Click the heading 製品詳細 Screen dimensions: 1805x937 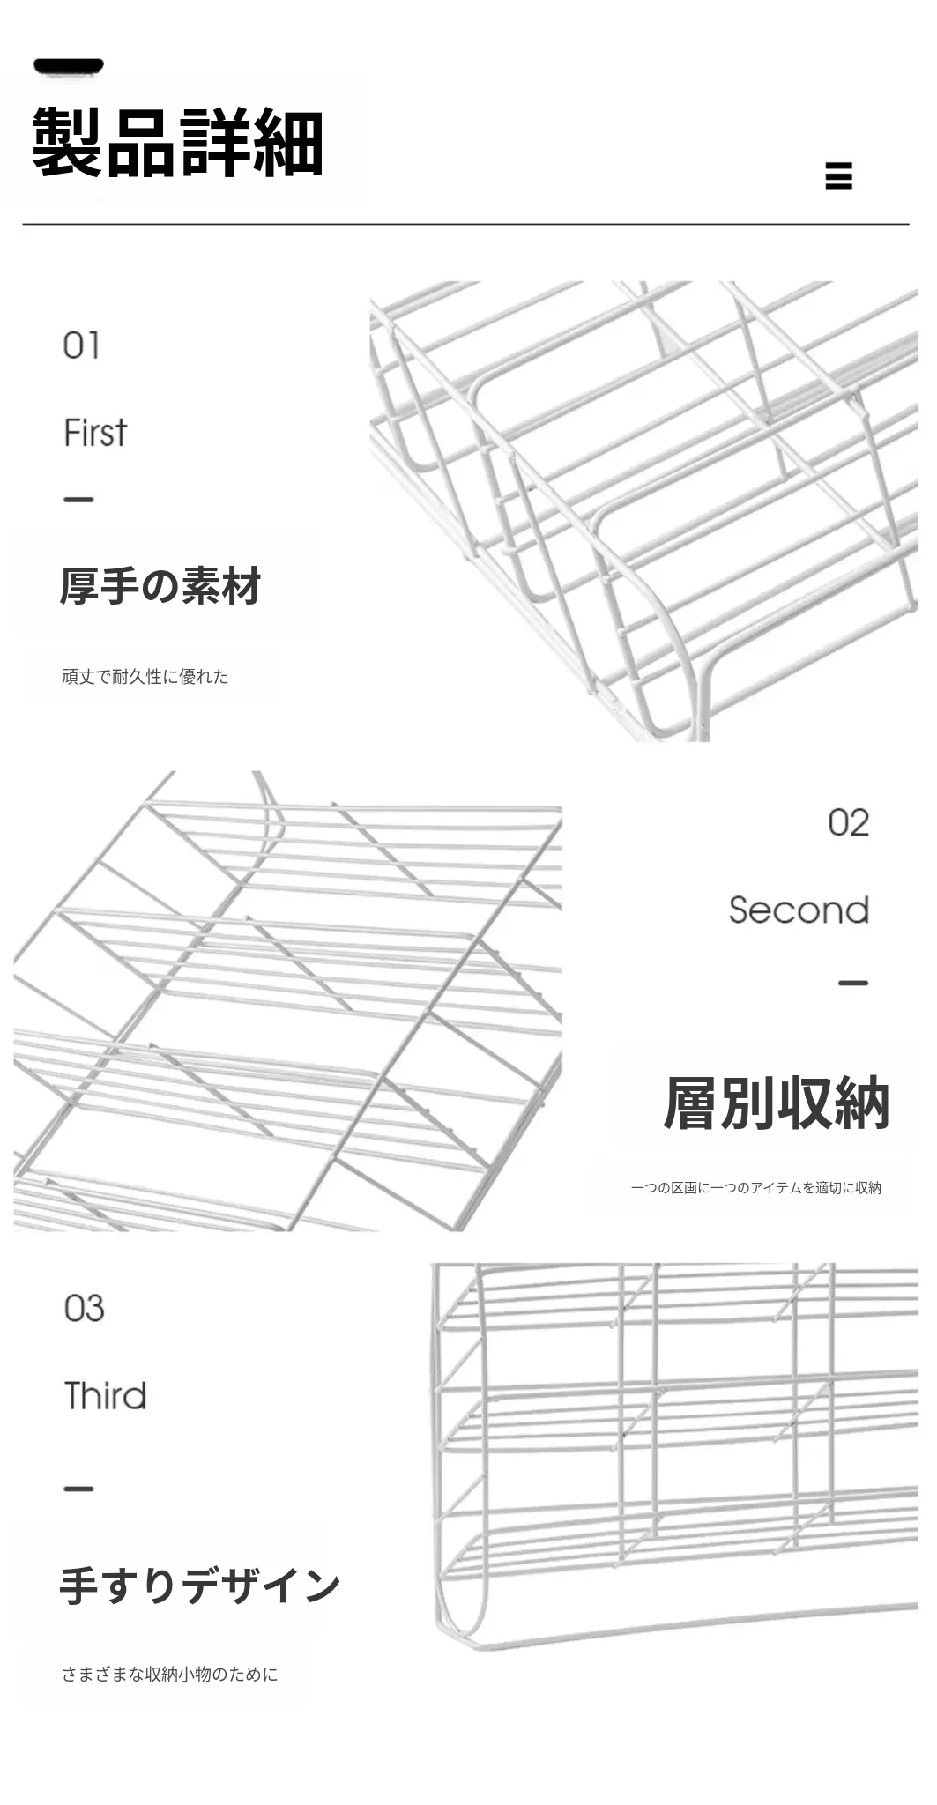click(178, 143)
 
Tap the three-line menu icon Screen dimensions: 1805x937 click(838, 175)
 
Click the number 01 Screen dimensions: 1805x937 click(81, 345)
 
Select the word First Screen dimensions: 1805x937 click(95, 433)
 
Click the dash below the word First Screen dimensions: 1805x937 click(78, 500)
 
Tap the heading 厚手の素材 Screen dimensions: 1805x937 click(160, 586)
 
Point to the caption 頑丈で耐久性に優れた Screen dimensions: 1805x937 click(145, 677)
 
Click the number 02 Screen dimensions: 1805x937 click(848, 822)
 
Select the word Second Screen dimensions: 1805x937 click(799, 910)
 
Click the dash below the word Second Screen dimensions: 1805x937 click(852, 983)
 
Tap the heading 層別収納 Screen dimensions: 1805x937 click(776, 1103)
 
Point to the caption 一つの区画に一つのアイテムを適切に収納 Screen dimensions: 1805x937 click(755, 1188)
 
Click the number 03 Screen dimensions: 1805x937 click(84, 1309)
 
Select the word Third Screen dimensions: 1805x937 click(105, 1396)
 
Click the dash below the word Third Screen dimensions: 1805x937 click(78, 1489)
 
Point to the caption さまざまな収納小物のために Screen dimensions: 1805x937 click(169, 1675)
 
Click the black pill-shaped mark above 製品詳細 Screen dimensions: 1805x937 click(69, 66)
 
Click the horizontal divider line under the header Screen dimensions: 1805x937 click(465, 225)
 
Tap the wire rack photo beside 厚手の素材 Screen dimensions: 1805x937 click(643, 511)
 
